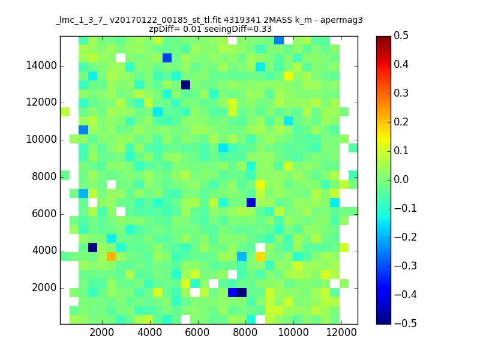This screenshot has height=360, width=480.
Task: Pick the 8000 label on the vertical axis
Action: (x=45, y=176)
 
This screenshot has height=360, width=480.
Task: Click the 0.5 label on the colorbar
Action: (x=401, y=36)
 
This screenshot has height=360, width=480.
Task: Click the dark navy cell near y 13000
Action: (x=185, y=85)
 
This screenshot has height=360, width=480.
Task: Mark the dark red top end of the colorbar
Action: (x=383, y=39)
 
